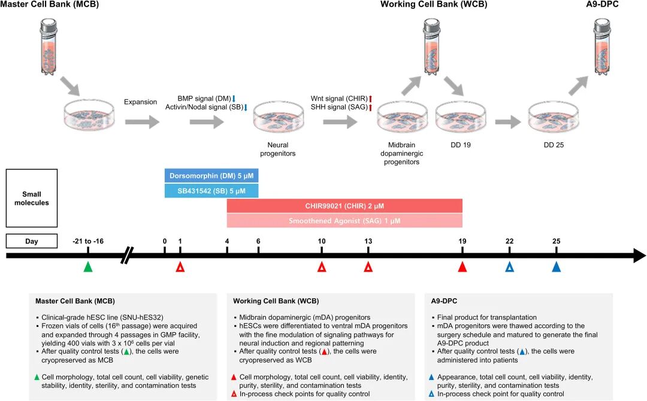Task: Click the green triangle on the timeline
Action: click(x=88, y=267)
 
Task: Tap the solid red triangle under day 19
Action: click(x=462, y=267)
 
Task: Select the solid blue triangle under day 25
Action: click(x=556, y=267)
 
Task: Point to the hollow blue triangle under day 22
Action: click(x=509, y=267)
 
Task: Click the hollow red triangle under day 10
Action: click(x=322, y=267)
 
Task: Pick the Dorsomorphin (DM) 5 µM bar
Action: click(x=211, y=175)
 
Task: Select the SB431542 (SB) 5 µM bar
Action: click(x=211, y=190)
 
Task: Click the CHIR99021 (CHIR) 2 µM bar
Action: click(x=344, y=206)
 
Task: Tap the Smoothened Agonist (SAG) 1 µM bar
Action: click(x=344, y=221)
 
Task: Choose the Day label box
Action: click(x=31, y=241)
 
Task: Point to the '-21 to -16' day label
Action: click(x=88, y=241)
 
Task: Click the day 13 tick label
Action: click(x=368, y=241)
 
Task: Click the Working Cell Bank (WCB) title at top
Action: click(x=434, y=5)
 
